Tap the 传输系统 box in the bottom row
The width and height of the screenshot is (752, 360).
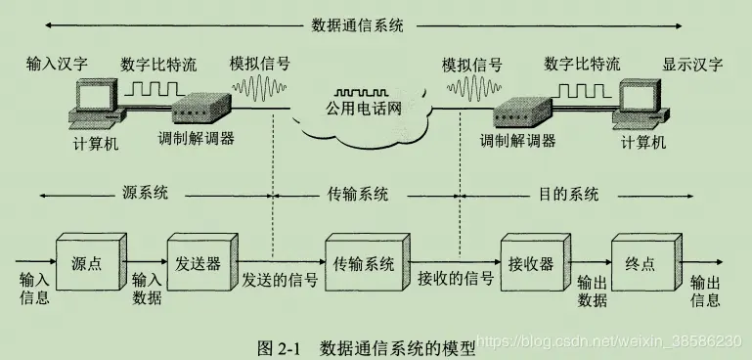click(x=364, y=265)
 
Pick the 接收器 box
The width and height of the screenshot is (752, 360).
click(x=530, y=265)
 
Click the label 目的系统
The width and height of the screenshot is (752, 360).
click(x=568, y=193)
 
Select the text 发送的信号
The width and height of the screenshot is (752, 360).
click(x=280, y=279)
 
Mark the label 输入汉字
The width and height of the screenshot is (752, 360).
click(x=58, y=66)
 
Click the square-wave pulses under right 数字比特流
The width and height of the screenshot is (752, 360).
click(x=582, y=90)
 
